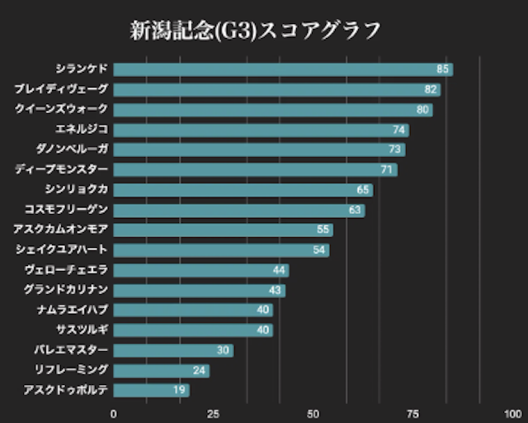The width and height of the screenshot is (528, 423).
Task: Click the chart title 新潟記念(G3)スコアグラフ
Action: (x=256, y=31)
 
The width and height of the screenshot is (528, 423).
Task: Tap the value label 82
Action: (x=431, y=89)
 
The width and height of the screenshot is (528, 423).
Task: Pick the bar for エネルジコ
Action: (x=261, y=130)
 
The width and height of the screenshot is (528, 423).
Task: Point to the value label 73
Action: (x=395, y=150)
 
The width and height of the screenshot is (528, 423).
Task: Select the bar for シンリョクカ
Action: (x=243, y=190)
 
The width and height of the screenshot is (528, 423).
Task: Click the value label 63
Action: (x=356, y=210)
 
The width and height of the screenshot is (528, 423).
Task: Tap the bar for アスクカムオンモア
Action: (x=223, y=230)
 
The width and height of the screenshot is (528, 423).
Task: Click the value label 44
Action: (x=280, y=270)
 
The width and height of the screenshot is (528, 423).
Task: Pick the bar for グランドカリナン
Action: (x=199, y=290)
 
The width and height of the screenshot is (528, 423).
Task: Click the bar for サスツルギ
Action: (x=193, y=330)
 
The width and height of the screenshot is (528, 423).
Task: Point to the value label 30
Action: (x=224, y=350)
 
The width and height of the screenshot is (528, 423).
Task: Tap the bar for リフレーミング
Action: (x=161, y=370)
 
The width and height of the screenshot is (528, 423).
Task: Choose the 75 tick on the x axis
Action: (x=412, y=413)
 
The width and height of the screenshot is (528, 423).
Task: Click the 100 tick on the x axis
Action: (x=511, y=413)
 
